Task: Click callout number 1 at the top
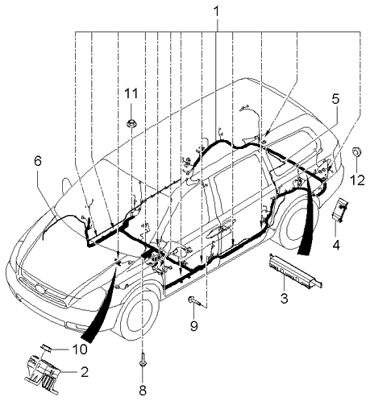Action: pyautogui.click(x=217, y=12)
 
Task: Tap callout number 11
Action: pyautogui.click(x=131, y=93)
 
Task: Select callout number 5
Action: pyautogui.click(x=335, y=99)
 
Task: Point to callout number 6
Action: pyautogui.click(x=38, y=161)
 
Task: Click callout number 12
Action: pyautogui.click(x=358, y=180)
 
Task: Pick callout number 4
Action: pyautogui.click(x=335, y=245)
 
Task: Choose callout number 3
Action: pyautogui.click(x=285, y=298)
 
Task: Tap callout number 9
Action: pyautogui.click(x=193, y=326)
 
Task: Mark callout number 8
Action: pyautogui.click(x=143, y=391)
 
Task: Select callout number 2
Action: pyautogui.click(x=84, y=372)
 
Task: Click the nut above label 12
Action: pyautogui.click(x=357, y=152)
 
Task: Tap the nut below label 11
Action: pyautogui.click(x=131, y=124)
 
